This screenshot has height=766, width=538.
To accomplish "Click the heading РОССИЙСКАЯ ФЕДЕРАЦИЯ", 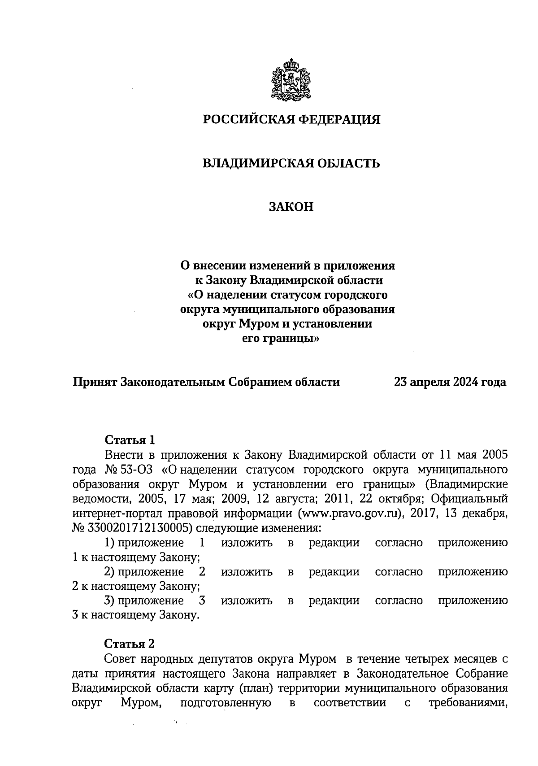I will pos(292,120).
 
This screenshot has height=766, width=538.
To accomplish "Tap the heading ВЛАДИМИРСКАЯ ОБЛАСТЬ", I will pos(292,163).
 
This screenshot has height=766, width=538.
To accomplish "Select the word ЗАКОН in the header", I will pos(291,207).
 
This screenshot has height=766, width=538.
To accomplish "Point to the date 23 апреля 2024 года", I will pos(450,382).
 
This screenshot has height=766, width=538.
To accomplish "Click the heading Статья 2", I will pos(129,644).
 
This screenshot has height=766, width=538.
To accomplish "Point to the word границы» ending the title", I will pos(301,339).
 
